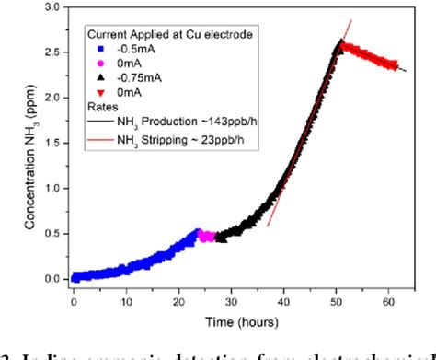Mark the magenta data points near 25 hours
point(207,237)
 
